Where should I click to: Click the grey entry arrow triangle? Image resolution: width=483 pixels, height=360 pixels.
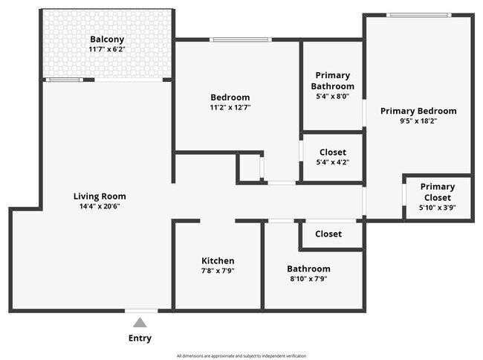pos(140,322)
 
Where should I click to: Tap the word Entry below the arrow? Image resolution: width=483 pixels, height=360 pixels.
pos(140,338)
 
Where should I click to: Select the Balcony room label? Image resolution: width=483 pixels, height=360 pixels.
pos(107,39)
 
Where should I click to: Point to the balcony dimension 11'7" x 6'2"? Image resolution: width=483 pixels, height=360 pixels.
pos(107,49)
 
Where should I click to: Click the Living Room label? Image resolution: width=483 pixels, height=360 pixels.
pos(97,196)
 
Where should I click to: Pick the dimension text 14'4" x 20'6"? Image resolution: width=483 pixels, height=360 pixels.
pos(97,206)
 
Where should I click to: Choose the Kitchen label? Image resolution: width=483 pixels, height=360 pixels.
pos(218,260)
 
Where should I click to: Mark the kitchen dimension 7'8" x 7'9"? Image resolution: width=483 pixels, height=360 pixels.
pos(218,271)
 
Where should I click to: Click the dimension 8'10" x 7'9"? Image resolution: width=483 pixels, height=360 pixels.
pos(308,279)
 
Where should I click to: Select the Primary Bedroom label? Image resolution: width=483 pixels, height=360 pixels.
pos(418,111)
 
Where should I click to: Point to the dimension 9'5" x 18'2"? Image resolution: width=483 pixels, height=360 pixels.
pos(418,120)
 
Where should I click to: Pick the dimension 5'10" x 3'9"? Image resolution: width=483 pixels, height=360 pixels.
pos(438,208)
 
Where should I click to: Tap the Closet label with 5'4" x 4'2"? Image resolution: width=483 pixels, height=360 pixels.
pos(332,152)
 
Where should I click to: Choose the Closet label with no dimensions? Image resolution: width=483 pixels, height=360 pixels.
pos(328,234)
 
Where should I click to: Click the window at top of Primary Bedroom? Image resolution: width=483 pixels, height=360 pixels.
pos(418,15)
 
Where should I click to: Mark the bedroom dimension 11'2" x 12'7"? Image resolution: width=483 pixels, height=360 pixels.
pos(230,107)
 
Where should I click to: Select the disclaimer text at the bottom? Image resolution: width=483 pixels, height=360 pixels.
pos(241,356)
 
